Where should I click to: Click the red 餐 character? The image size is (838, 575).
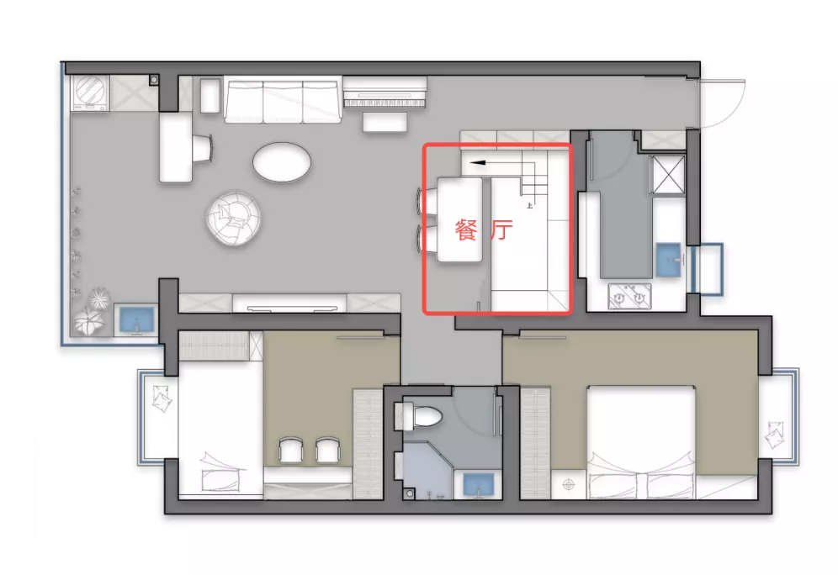[x=465, y=230]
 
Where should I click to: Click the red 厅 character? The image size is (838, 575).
[x=501, y=230]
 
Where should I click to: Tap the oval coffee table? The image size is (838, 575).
[x=282, y=161]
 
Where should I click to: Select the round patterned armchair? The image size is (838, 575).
[x=234, y=219]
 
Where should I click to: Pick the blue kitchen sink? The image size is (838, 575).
[x=670, y=260]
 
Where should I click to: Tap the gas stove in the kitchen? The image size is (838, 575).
[x=629, y=296]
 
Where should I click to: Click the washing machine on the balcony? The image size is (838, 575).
[x=90, y=93]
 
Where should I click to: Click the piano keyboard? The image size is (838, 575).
[x=385, y=101]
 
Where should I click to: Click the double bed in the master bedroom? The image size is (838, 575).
[x=641, y=442]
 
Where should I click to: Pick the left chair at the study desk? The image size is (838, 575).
[x=291, y=450]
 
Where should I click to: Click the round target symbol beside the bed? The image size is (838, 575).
[x=568, y=485]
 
